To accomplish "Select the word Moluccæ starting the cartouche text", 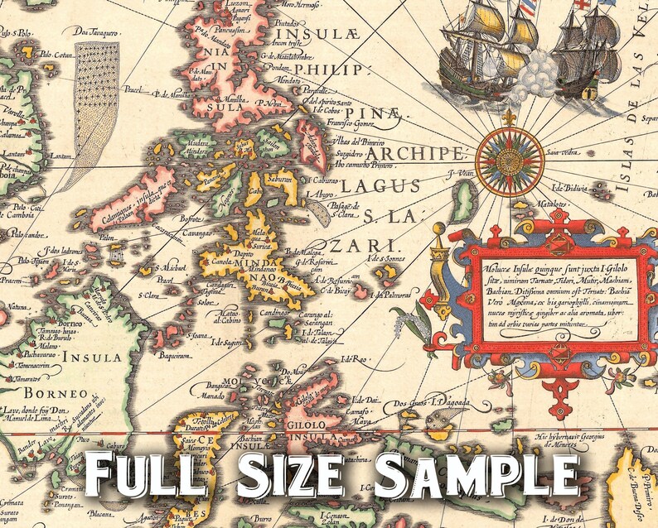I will [500, 269].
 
